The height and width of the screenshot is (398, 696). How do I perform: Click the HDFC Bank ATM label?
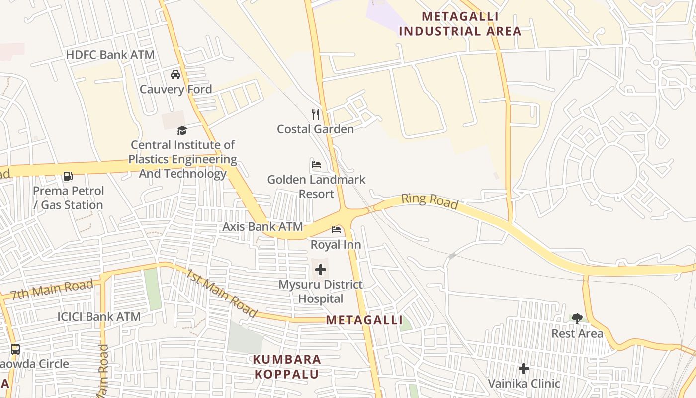tap(110, 55)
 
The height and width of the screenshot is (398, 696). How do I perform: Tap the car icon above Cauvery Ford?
tap(175, 75)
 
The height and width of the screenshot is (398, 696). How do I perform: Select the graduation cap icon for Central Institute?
tap(182, 131)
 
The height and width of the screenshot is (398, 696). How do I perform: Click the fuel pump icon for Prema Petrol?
tap(68, 176)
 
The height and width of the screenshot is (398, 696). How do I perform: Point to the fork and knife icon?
tap(316, 114)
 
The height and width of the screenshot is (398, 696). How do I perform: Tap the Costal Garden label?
tap(316, 129)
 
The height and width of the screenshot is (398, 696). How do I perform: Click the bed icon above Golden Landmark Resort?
tap(316, 165)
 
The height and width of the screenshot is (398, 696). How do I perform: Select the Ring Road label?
tap(430, 200)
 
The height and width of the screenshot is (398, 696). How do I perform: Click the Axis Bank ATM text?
tap(262, 227)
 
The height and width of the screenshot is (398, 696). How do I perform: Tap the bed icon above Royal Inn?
tap(336, 230)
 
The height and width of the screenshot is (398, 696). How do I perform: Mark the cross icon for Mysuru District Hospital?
tap(321, 270)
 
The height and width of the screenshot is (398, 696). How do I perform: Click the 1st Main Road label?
tap(222, 294)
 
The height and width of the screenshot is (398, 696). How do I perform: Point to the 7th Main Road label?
tap(52, 289)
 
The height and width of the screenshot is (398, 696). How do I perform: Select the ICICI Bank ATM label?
tap(99, 317)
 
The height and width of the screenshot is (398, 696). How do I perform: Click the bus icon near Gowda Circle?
tap(15, 349)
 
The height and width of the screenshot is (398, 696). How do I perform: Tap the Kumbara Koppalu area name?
tap(287, 366)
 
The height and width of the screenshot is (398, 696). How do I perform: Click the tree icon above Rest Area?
tap(577, 318)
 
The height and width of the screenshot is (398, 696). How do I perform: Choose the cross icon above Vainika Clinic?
tap(524, 369)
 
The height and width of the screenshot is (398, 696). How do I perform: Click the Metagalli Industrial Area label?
tap(460, 24)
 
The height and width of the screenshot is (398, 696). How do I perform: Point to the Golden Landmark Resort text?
tap(316, 187)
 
